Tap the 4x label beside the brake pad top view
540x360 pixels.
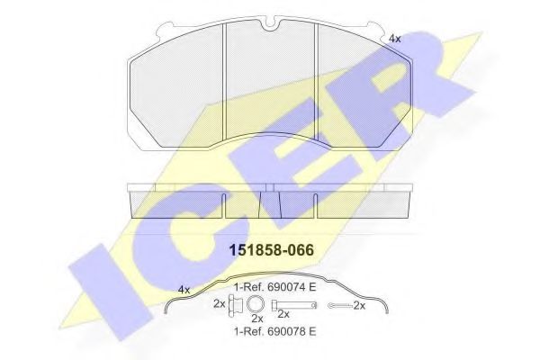[394, 39]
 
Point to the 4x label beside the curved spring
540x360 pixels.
[185, 289]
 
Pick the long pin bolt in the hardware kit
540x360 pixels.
[283, 304]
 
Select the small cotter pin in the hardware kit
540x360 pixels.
[338, 306]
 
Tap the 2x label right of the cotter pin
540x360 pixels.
[360, 306]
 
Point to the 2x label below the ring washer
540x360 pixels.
[256, 319]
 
